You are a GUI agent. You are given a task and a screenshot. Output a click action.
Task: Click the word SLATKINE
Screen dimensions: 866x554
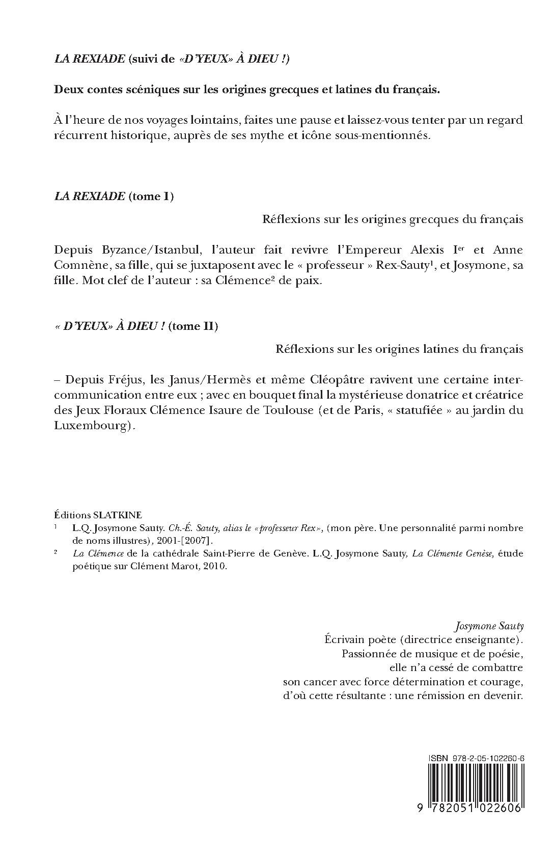click(122, 515)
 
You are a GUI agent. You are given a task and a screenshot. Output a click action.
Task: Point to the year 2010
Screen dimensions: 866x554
click(214, 567)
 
